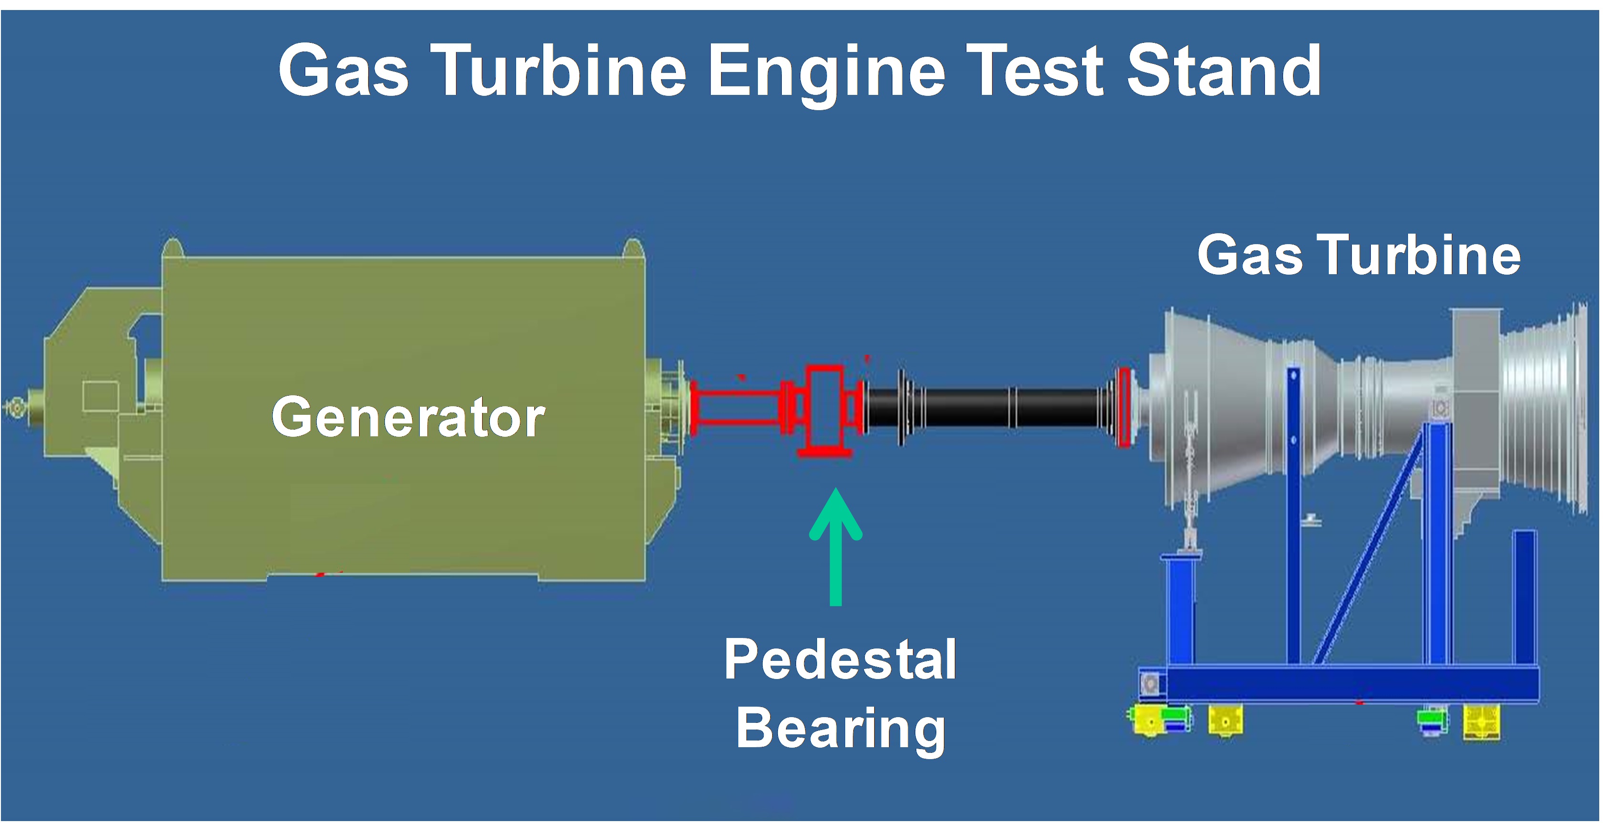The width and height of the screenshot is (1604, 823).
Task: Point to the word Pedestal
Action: pyautogui.click(x=840, y=659)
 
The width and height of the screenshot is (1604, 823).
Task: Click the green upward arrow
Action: pyautogui.click(x=836, y=546)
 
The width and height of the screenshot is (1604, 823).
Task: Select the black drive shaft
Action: pyautogui.click(x=990, y=408)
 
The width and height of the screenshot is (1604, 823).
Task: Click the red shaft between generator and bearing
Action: pyautogui.click(x=738, y=408)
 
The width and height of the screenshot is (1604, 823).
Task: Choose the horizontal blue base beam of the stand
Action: pyautogui.click(x=1351, y=684)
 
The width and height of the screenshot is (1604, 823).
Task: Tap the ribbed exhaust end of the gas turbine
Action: pyautogui.click(x=1544, y=408)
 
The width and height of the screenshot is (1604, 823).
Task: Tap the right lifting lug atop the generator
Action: pyautogui.click(x=633, y=248)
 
